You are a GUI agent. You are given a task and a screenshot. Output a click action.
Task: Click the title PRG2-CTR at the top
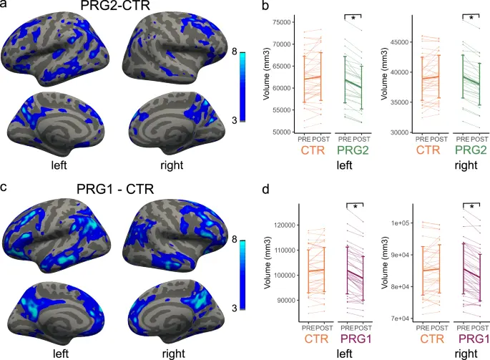click(x=115, y=5)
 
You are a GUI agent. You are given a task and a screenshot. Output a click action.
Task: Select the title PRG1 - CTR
click(x=115, y=189)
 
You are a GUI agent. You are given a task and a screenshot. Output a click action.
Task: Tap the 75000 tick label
click(x=282, y=22)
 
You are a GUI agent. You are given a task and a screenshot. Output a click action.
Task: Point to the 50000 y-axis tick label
click(x=282, y=132)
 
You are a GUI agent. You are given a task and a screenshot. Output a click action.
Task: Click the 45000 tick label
click(x=400, y=42)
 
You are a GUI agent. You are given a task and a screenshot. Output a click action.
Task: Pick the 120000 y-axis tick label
click(x=285, y=225)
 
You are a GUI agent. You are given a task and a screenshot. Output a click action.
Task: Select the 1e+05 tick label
click(x=400, y=223)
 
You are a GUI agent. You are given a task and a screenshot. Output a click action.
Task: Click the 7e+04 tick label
click(x=400, y=318)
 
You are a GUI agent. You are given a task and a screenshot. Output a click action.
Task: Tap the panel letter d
click(x=265, y=189)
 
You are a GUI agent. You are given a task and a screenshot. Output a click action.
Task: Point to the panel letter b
click(x=265, y=6)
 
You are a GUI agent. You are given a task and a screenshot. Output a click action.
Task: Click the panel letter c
click(x=4, y=187)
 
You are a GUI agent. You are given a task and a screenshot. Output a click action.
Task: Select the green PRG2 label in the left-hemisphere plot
click(x=353, y=150)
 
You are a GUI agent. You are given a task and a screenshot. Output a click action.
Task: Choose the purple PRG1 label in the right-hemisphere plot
click(x=474, y=339)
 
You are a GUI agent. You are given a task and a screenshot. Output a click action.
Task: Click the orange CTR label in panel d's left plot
click(x=316, y=339)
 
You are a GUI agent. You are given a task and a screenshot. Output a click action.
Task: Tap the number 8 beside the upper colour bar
click(x=235, y=52)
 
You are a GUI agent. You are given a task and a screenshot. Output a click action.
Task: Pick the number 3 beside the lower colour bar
click(x=235, y=308)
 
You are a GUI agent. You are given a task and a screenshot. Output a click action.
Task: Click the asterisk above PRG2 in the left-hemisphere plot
click(x=353, y=19)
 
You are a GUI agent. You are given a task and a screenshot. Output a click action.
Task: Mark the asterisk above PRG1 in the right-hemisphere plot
click(x=472, y=207)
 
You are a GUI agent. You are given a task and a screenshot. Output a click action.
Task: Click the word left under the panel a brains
click(x=59, y=165)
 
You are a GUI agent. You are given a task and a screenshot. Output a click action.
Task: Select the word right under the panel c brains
click(x=173, y=354)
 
